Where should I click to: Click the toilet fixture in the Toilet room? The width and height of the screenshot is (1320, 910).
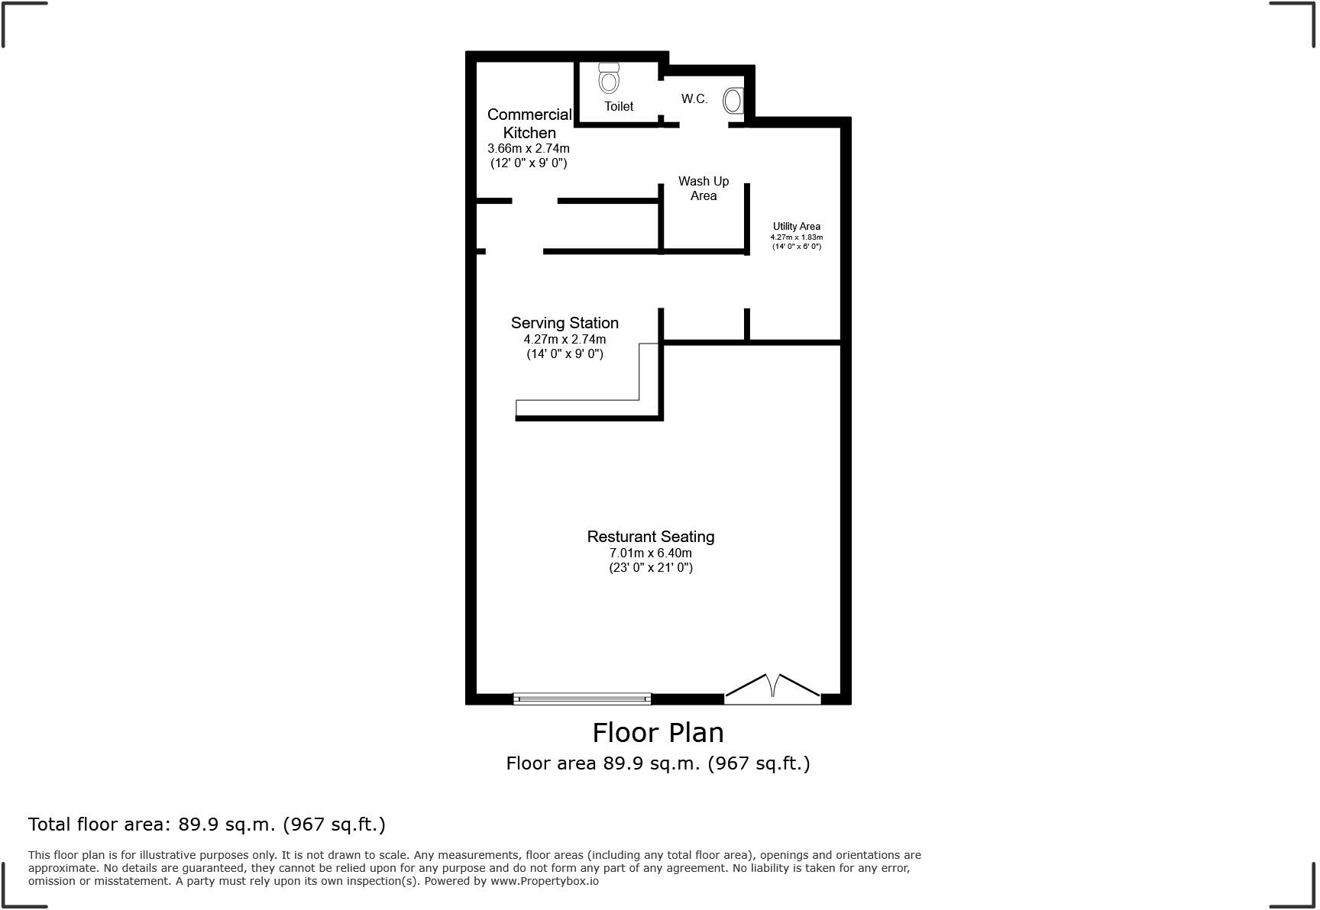coord(609,79)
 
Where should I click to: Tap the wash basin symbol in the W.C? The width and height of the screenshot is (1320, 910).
coord(733,100)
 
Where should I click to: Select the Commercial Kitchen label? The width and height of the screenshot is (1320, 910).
coord(529,123)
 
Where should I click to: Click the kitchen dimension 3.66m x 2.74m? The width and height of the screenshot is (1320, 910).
coord(529,148)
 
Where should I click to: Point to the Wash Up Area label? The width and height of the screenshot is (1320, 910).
coord(704,188)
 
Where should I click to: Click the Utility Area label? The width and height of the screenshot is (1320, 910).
coord(797,226)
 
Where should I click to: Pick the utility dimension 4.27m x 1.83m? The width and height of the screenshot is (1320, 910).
coord(797,237)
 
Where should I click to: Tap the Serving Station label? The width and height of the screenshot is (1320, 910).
coord(565,323)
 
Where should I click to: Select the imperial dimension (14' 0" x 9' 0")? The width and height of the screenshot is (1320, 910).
coord(565,353)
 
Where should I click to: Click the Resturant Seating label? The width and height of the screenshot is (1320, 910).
coord(651,537)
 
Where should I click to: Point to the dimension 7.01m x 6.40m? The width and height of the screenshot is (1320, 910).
coord(651,553)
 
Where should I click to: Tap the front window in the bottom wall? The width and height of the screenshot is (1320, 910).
coord(582,698)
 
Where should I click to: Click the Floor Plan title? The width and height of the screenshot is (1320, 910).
coord(658,732)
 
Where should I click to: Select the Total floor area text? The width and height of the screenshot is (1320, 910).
coord(207,824)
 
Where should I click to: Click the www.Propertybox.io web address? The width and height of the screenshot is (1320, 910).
coord(544,881)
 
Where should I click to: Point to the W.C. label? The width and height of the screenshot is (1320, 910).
coord(694,98)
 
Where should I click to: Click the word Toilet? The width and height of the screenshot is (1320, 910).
coord(619,106)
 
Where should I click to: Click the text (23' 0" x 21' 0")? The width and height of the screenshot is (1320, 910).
coord(651,567)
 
